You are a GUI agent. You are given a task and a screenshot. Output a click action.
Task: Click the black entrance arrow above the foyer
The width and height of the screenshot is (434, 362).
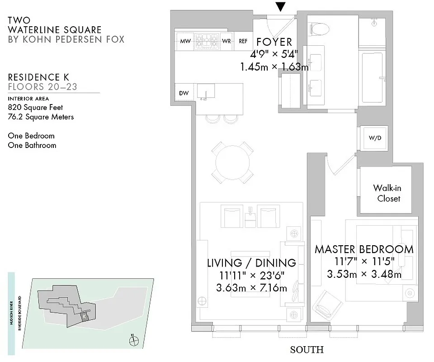tap(281, 6)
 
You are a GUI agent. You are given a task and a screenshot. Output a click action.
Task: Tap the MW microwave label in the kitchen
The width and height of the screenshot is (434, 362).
tap(185, 41)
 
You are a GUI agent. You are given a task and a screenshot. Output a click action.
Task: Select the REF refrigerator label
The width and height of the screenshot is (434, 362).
tap(243, 41)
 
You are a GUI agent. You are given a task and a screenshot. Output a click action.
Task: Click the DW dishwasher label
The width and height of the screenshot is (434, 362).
tap(184, 93)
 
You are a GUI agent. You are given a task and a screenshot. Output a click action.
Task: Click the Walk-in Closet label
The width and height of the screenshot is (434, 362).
tap(386, 193)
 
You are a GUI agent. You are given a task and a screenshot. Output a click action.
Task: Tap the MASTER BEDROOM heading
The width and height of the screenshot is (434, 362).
tap(364, 249)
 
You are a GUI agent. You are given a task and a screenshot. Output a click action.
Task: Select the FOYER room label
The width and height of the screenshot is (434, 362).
tap(274, 42)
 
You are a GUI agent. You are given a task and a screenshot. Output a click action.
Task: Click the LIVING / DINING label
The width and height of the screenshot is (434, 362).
tap(251, 263)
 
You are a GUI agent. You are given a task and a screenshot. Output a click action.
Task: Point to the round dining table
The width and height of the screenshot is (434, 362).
tap(232, 163)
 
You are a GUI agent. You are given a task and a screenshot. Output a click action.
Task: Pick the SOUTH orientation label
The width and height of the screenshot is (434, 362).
tap(307, 350)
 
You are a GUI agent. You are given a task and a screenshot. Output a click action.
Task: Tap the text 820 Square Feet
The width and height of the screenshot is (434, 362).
tap(35, 108)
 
